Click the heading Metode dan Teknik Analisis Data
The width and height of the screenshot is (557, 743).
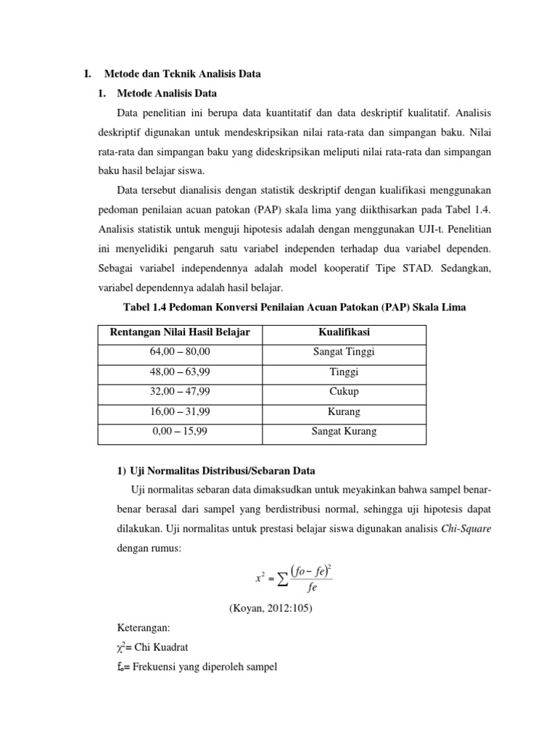pyautogui.click(x=182, y=74)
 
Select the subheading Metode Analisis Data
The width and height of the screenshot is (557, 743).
pyautogui.click(x=166, y=94)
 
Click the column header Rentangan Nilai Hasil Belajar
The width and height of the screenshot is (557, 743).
pyautogui.click(x=180, y=332)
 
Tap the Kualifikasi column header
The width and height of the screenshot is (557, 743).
pyautogui.click(x=344, y=332)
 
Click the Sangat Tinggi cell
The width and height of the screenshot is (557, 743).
pyautogui.click(x=344, y=352)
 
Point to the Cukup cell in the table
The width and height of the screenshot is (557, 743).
pyautogui.click(x=344, y=391)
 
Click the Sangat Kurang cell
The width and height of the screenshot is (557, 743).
pyautogui.click(x=344, y=431)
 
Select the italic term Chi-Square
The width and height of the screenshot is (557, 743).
pyautogui.click(x=466, y=529)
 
